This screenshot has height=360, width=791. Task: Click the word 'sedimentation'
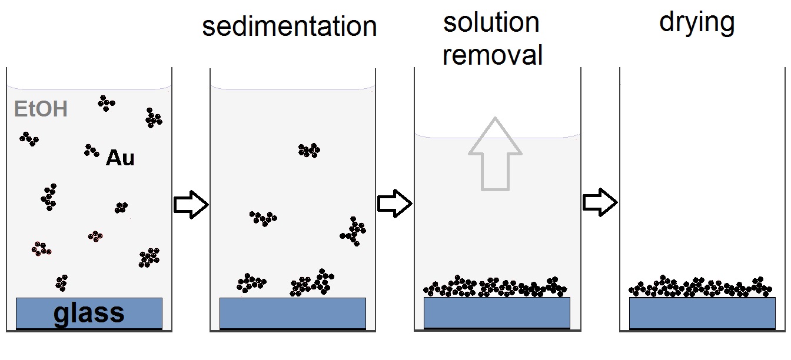point(289,26)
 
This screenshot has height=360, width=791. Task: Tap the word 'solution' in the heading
point(491,23)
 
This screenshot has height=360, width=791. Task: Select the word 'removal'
point(492,55)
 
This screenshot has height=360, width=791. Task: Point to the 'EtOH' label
point(41,109)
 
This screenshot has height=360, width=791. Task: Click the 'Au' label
point(120,158)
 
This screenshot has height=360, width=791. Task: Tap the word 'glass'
point(89,313)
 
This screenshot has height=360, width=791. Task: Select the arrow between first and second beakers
point(191,205)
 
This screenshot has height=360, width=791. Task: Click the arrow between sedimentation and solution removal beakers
point(394,204)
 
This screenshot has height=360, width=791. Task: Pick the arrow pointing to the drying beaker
point(600,202)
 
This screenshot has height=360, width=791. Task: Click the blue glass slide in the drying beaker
point(702,312)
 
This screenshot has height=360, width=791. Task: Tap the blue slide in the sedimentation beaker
point(293,313)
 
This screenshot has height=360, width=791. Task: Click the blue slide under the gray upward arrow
point(497,312)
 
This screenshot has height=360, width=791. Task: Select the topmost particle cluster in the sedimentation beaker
point(308,151)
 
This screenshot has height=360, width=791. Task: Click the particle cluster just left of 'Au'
point(91,151)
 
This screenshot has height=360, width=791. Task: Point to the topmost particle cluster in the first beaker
point(106,103)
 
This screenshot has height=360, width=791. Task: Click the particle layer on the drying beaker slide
point(700,286)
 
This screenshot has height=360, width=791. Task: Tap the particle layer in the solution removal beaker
point(495,286)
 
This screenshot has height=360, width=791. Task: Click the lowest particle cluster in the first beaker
point(62,282)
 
